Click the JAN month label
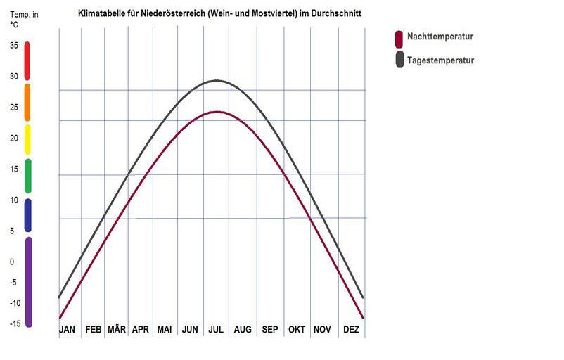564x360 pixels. pos(67,329)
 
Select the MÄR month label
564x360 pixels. pos(117,329)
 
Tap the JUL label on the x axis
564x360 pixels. pos(216,329)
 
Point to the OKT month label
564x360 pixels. pos(297,329)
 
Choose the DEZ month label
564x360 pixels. pos(352,329)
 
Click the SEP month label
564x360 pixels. pos(269,329)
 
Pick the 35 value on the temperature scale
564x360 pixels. pos(14,46)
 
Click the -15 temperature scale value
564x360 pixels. pos(13,323)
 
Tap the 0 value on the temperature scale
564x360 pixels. pos(12,262)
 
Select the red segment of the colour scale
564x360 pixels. pos(27,60)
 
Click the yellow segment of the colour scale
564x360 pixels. pos(27,139)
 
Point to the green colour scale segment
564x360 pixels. pos(27,176)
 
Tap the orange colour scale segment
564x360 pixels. pos(27,102)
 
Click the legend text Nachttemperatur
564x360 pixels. pos(441,37)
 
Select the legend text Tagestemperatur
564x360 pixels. pos(441,60)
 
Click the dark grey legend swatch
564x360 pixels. pos(399,60)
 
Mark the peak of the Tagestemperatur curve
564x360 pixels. pos(218,80)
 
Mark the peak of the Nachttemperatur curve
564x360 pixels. pos(218,112)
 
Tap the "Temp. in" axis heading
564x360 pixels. pos(23,14)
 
